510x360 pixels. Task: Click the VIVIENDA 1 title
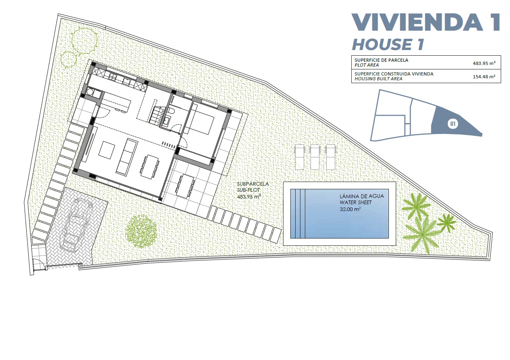(425, 22)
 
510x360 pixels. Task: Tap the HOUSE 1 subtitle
(388, 44)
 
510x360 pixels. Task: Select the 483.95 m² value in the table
(484, 63)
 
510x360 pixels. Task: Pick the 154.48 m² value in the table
(484, 76)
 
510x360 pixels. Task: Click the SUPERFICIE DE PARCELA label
(381, 60)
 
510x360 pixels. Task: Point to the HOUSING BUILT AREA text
(378, 79)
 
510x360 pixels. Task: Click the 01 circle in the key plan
(453, 124)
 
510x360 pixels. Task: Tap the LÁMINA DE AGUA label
(362, 196)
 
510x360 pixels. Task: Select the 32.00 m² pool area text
(350, 209)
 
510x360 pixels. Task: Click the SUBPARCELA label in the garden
(253, 184)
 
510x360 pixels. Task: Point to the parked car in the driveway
(76, 225)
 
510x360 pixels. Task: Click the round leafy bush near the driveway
(141, 231)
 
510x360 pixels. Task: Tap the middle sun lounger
(315, 157)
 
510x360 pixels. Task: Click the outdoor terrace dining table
(185, 186)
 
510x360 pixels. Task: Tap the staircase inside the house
(157, 115)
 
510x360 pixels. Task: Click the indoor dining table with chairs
(149, 167)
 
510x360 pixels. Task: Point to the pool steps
(298, 213)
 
